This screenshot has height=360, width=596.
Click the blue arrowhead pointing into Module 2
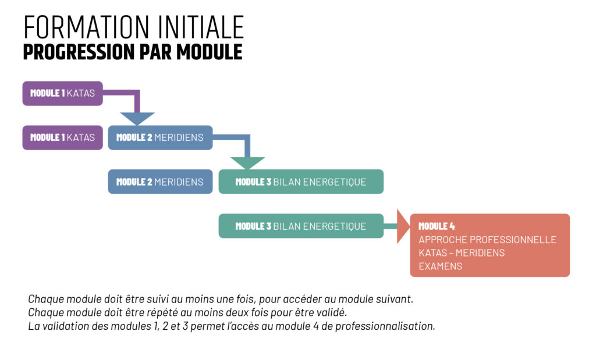pyautogui.click(x=137, y=119)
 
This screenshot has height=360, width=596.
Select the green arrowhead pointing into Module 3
pyautogui.click(x=247, y=163)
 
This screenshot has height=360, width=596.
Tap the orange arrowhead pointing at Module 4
pyautogui.click(x=403, y=226)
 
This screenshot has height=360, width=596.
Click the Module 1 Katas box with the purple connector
pyautogui.click(x=62, y=94)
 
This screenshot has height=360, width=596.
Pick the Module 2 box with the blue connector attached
pyautogui.click(x=160, y=137)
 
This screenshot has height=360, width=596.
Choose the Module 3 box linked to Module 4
pyautogui.click(x=301, y=226)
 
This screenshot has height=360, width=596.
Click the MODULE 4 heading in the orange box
pyautogui.click(x=437, y=226)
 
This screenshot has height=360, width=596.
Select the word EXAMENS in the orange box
pyautogui.click(x=440, y=266)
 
